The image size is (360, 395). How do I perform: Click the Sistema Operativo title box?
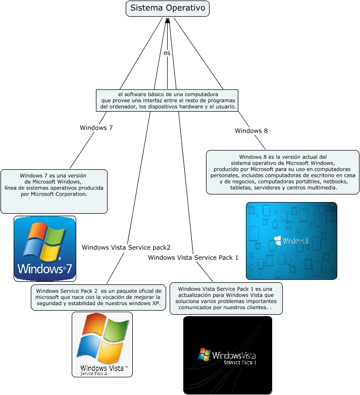pyautogui.click(x=167, y=8)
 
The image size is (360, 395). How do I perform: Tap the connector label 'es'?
pyautogui.click(x=167, y=53)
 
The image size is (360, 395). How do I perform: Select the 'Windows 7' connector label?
pyautogui.click(x=96, y=128)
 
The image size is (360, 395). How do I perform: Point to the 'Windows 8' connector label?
pyautogui.click(x=251, y=131)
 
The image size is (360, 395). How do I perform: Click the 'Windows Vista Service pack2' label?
pyautogui.click(x=126, y=248)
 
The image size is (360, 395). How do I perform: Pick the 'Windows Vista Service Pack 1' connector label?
pyautogui.click(x=193, y=258)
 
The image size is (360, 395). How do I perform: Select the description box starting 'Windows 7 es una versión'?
pyautogui.click(x=54, y=191)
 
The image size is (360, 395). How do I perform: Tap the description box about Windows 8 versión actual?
pyautogui.click(x=283, y=172)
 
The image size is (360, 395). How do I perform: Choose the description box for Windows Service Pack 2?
pyautogui.click(x=98, y=298)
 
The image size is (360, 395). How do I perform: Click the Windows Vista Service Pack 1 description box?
pyautogui.click(x=226, y=298)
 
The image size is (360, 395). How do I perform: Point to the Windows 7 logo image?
pyautogui.click(x=45, y=249)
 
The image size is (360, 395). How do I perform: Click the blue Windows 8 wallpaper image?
pyautogui.click(x=291, y=241)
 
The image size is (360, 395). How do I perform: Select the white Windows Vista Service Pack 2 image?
pyautogui.click(x=102, y=344)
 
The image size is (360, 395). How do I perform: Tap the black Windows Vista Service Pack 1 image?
pyautogui.click(x=227, y=355)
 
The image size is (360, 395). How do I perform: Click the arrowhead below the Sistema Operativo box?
pyautogui.click(x=167, y=20)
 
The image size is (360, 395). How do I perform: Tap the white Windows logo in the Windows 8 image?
pyautogui.click(x=277, y=240)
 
